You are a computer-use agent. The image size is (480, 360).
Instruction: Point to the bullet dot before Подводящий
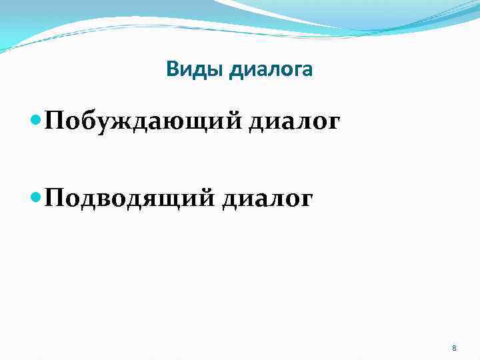click(x=36, y=198)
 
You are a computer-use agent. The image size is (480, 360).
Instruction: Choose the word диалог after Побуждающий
click(x=294, y=123)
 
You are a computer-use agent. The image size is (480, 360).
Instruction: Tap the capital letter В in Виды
click(x=172, y=69)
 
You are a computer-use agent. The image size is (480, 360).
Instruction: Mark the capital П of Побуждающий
click(x=55, y=122)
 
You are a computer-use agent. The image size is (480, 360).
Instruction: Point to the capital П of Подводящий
click(x=55, y=198)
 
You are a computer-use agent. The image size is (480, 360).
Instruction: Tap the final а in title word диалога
click(x=306, y=70)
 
